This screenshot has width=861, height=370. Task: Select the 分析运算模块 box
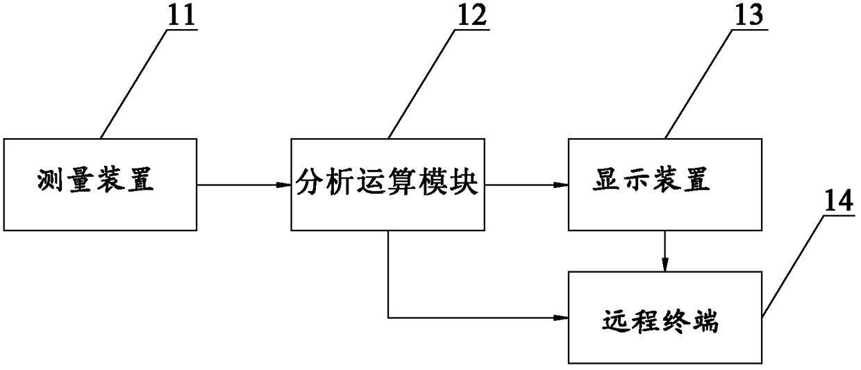[387, 208]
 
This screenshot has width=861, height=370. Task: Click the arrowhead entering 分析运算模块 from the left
[283, 185]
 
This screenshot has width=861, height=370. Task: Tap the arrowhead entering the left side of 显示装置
[561, 185]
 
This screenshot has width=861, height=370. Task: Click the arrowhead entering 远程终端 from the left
[561, 318]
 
